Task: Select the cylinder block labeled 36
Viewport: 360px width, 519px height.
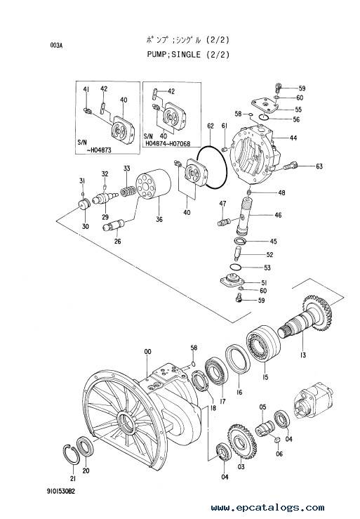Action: (x=153, y=186)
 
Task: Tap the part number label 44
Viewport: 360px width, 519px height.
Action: (x=293, y=138)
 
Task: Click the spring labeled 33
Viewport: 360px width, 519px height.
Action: (x=128, y=191)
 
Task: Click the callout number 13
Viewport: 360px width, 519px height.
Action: (x=302, y=355)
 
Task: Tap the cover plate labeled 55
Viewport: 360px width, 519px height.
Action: (x=265, y=105)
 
